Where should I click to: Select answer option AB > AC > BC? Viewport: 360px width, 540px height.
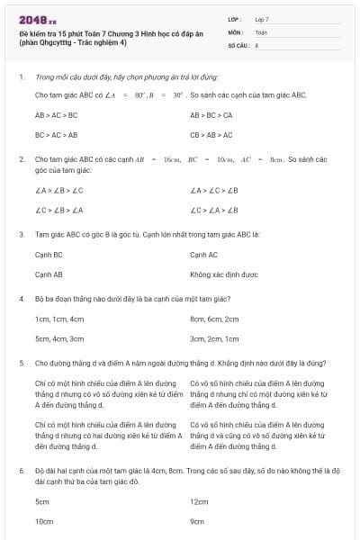click(x=56, y=116)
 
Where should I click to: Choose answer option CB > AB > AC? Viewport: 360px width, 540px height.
click(x=211, y=135)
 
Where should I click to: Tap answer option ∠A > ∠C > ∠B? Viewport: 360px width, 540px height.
click(x=214, y=191)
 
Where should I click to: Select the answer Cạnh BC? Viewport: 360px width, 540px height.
click(x=49, y=256)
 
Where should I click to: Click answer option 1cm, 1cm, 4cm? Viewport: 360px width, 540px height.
click(x=53, y=319)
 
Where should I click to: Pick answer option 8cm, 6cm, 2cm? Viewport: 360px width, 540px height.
click(x=214, y=319)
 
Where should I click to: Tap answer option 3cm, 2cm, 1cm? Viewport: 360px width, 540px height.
click(x=214, y=339)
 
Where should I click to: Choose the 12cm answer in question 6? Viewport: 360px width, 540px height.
click(x=199, y=501)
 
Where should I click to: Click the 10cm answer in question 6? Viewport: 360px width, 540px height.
click(x=44, y=521)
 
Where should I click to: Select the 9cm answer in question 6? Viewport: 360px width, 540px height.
click(x=197, y=521)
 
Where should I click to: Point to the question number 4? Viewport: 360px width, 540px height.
click(x=21, y=298)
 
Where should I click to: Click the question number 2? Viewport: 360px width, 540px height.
click(x=21, y=158)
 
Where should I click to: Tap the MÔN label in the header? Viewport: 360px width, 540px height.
click(x=237, y=31)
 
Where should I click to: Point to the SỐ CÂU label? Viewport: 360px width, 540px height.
click(x=238, y=44)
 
